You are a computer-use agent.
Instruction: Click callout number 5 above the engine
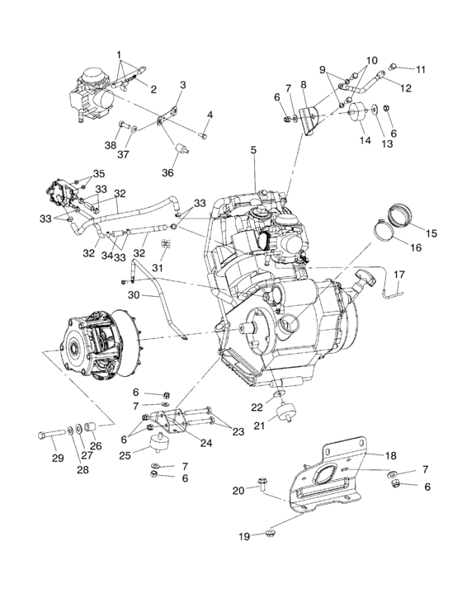tap(254, 151)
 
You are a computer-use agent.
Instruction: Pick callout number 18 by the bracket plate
tap(390, 454)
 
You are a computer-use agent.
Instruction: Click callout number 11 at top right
tap(422, 69)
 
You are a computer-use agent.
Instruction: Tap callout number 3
tap(182, 85)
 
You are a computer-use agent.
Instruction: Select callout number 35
tap(99, 174)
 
